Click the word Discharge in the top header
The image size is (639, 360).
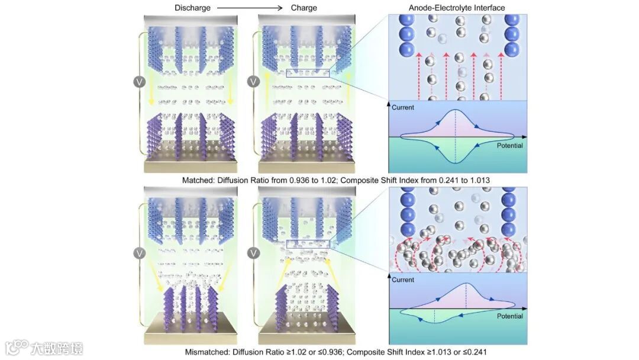(192, 8)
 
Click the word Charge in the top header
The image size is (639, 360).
(304, 8)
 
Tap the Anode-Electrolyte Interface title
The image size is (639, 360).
(457, 8)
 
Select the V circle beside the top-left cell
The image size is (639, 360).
(140, 81)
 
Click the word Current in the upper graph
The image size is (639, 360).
(402, 108)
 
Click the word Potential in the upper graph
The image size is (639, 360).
(509, 146)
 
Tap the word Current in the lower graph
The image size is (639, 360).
(402, 279)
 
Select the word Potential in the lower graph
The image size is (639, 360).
(509, 316)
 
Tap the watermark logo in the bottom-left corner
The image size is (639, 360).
(18, 346)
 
